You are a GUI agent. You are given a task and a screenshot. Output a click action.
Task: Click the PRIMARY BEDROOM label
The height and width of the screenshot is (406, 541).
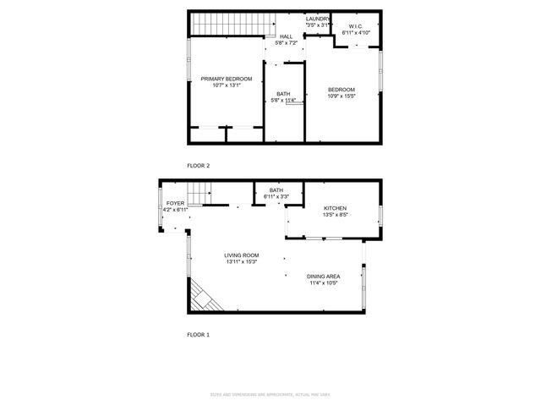tap(226, 79)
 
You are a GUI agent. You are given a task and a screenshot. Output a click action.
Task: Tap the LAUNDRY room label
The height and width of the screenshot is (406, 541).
tap(318, 19)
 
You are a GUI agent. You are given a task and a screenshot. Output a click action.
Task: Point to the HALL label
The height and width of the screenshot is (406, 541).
tap(286, 36)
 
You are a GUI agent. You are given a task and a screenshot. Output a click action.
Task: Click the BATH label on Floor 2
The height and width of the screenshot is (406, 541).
tap(283, 95)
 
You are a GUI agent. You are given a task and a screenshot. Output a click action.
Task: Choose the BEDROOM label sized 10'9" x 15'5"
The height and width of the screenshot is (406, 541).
tap(341, 90)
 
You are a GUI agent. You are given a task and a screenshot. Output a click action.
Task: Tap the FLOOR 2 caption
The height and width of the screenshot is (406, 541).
tap(198, 166)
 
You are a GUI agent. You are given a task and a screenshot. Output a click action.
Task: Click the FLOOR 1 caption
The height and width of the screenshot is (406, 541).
tap(198, 335)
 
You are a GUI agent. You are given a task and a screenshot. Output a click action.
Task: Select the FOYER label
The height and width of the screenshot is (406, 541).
tap(175, 204)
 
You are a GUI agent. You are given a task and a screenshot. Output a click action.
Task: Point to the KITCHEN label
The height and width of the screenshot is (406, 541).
tap(335, 208)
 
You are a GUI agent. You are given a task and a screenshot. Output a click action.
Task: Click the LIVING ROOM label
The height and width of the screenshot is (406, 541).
tap(241, 255)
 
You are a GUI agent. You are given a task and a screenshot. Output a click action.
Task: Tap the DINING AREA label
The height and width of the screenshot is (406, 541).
tap(323, 276)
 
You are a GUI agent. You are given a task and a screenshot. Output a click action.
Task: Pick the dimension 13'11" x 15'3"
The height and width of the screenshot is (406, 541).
tap(241, 262)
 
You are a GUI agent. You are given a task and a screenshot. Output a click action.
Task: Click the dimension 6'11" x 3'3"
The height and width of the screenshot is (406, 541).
tap(276, 197)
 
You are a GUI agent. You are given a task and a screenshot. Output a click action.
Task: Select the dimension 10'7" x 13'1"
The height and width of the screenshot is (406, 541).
tap(226, 85)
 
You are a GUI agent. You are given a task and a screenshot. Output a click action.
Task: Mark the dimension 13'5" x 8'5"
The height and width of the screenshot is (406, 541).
tap(335, 215)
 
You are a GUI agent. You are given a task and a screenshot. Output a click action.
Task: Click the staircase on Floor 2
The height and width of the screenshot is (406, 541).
tap(221, 25)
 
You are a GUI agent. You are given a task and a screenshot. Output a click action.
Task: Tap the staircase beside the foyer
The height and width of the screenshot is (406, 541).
tap(198, 195)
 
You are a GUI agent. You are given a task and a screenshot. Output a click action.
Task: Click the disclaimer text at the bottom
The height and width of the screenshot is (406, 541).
tap(270, 395)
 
